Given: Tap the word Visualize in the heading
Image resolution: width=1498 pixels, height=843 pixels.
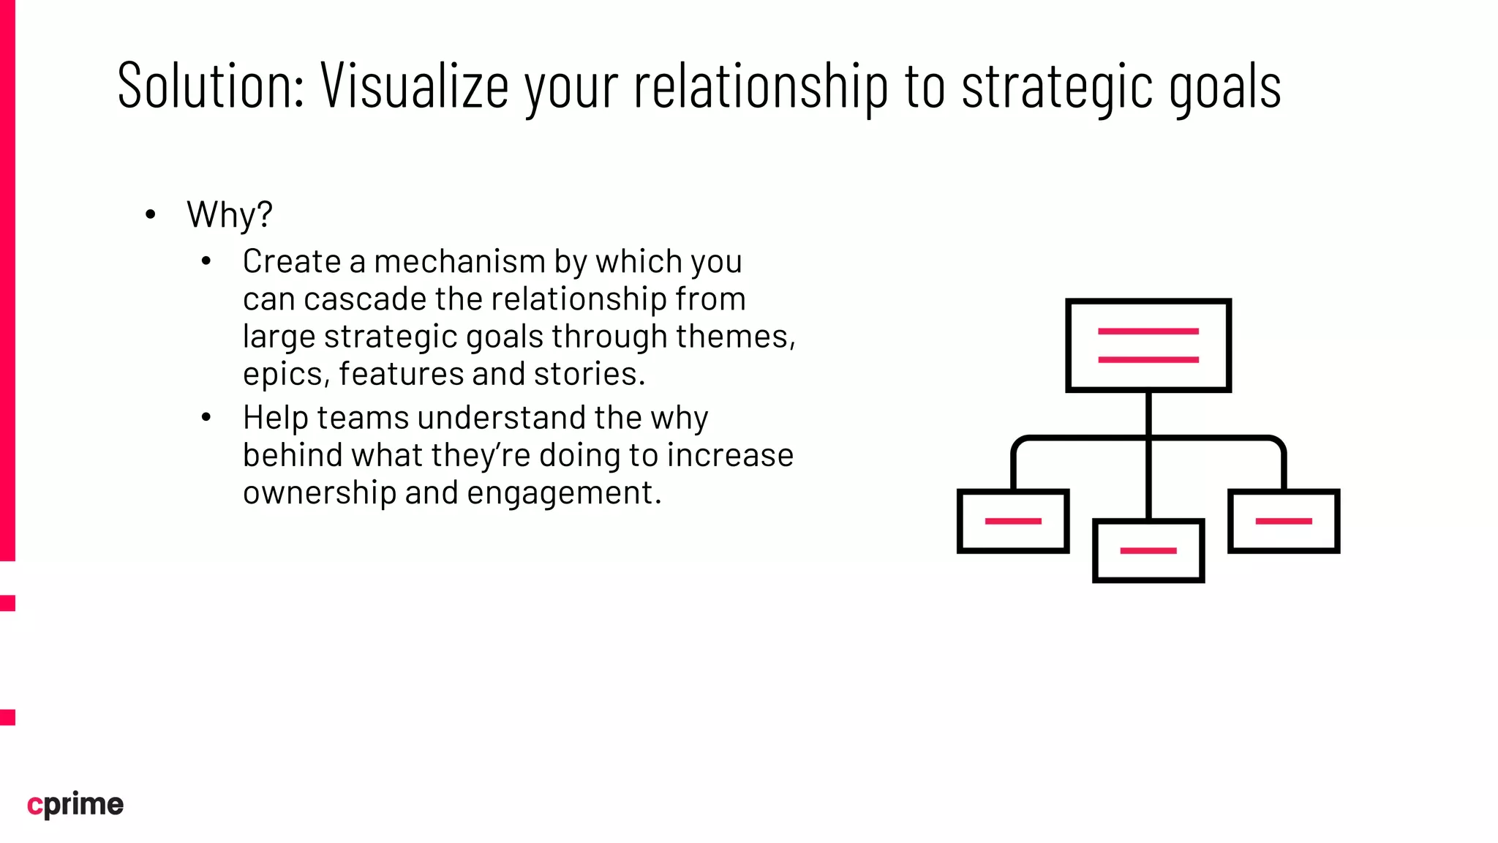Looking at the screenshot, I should [414, 86].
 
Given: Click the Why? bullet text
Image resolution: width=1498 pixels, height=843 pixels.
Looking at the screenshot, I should [229, 215].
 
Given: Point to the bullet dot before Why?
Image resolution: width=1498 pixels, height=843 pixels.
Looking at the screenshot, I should [151, 215].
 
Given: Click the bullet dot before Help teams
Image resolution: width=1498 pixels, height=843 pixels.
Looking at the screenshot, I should [206, 418].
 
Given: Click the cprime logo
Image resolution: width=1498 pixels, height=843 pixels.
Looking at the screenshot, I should [75, 804].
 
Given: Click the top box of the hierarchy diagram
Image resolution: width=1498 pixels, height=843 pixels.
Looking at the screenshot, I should [1148, 345].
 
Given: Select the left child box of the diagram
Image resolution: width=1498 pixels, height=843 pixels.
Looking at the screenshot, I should [1012, 521].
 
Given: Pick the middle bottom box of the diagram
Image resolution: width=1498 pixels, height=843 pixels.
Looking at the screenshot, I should [1148, 551].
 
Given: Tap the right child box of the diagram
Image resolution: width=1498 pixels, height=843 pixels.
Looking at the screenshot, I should [1284, 521].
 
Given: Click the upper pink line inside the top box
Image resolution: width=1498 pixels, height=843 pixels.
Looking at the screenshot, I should [1148, 331].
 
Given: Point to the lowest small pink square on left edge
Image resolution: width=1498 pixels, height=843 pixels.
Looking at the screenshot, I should [7, 716].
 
